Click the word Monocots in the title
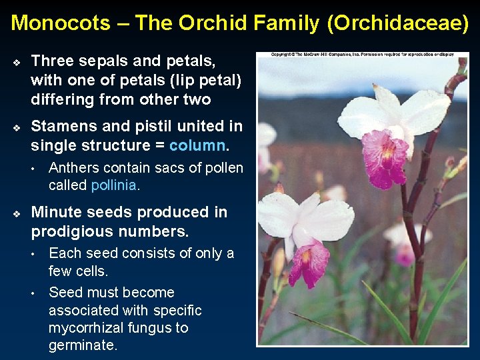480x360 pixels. [x=60, y=23]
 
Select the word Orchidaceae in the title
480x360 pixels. [x=399, y=23]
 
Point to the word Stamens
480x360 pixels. [x=63, y=126]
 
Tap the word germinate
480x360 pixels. [x=83, y=346]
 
